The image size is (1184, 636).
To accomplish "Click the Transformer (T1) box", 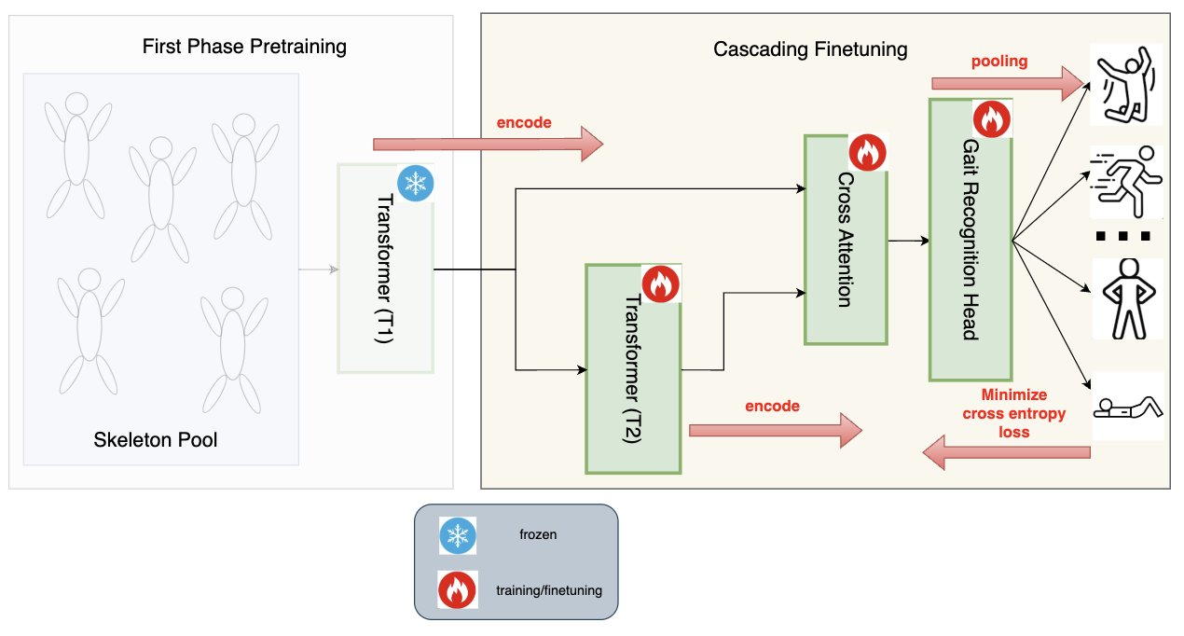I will pos(386,269).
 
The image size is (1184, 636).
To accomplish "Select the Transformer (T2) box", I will pos(633,368).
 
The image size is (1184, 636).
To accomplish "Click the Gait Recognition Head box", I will pos(970,240).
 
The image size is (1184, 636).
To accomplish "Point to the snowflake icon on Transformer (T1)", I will pos(416,184).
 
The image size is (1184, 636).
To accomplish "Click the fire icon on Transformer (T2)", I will pos(661,283).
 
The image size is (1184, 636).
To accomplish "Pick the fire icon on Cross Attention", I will pos(867,153).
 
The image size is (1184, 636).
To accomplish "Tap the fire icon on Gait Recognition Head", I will pos(991,118).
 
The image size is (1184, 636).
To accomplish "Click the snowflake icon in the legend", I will pos(458,535).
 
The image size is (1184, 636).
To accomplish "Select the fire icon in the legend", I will pos(458,590).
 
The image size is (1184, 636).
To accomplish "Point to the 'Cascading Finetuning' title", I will pos(810,49).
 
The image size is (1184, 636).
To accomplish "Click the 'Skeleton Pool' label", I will pos(156,439).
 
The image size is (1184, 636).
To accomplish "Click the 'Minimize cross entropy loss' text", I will pos(1014,413).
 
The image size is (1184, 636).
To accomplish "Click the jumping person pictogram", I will pos(1126,85).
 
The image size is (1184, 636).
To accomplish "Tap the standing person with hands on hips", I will pos(1126,298).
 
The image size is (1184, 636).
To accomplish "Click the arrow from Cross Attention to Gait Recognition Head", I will pos(908,241).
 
